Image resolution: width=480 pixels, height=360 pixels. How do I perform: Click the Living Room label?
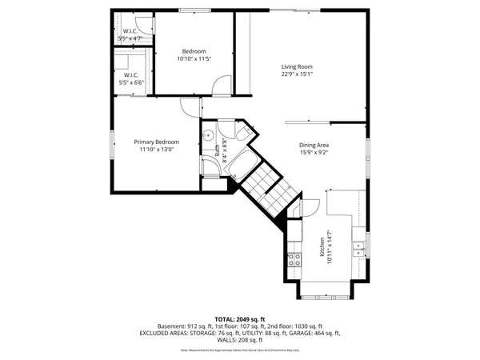click(x=296, y=66)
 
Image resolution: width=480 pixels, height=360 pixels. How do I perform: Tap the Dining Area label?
click(x=314, y=145)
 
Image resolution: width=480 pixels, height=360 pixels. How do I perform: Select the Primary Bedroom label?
click(x=156, y=142)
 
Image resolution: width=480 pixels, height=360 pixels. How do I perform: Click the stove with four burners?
click(x=294, y=258)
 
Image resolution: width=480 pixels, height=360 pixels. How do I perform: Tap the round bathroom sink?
click(x=207, y=134)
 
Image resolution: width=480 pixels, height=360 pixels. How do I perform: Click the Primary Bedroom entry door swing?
click(x=189, y=106)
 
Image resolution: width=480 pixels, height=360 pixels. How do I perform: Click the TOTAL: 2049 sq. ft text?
click(x=240, y=318)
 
